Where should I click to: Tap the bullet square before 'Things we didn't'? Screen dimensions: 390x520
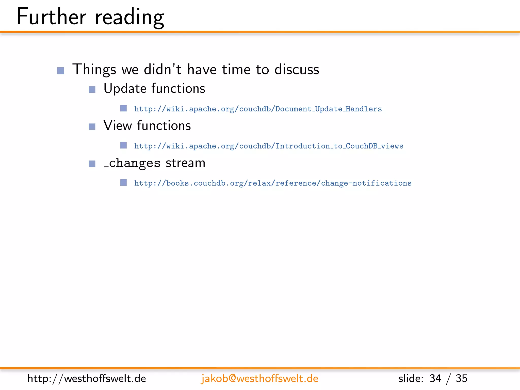coord(61,71)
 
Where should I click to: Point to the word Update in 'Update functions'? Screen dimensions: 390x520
coord(125,89)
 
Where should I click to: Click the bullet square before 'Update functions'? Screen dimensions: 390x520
coord(92,89)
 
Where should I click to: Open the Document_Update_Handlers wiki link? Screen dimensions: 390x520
coord(258,109)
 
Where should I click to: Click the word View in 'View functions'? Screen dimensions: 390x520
coord(118,126)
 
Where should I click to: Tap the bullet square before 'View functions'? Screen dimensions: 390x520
coord(92,126)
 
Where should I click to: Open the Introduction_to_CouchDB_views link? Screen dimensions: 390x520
coord(268,146)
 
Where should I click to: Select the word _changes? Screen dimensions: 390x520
coord(132,163)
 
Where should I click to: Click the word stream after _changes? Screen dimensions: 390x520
coord(185,163)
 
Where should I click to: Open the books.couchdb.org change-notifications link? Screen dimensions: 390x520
coord(273,183)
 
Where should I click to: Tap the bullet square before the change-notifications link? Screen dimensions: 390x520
coord(123,183)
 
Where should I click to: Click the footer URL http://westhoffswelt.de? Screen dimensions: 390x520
coord(87,379)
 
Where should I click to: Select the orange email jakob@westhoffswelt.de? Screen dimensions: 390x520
coord(259,379)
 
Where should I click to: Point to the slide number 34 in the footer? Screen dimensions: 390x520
coord(435,379)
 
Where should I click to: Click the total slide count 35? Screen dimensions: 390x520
coord(461,379)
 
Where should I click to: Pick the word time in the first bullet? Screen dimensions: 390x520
coord(236,69)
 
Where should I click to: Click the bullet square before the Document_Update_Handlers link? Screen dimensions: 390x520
coord(123,108)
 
